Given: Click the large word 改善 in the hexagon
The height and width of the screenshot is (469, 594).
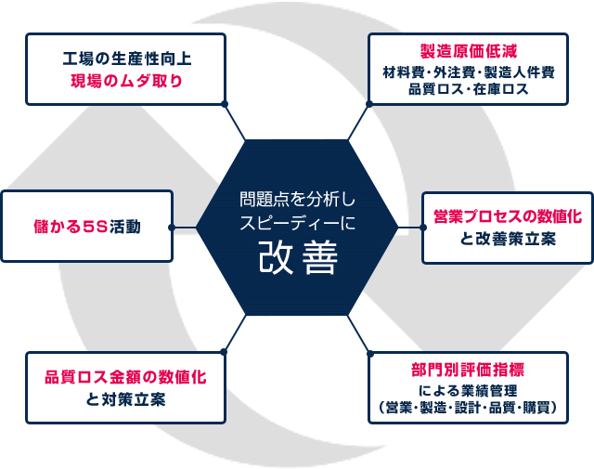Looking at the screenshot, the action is pyautogui.click(x=298, y=258).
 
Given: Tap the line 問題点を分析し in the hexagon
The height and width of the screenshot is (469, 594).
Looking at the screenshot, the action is pyautogui.click(x=297, y=199).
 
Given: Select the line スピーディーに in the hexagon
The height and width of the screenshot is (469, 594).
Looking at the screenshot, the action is pyautogui.click(x=297, y=223).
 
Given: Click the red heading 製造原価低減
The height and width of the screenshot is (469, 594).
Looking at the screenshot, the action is pyautogui.click(x=468, y=52).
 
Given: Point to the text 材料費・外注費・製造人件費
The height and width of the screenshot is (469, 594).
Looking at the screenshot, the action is pyautogui.click(x=468, y=72).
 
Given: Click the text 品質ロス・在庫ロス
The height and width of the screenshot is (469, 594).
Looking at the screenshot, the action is pyautogui.click(x=468, y=89).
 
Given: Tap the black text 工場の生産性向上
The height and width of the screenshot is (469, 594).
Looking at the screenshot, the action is pyautogui.click(x=126, y=59).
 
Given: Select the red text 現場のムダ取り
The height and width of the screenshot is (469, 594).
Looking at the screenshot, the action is pyautogui.click(x=126, y=81).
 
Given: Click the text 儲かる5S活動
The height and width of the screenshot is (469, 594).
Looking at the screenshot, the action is pyautogui.click(x=87, y=227).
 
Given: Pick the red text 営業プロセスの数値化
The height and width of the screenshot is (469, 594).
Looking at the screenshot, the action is pyautogui.click(x=508, y=216).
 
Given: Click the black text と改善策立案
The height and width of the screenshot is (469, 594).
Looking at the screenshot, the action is pyautogui.click(x=508, y=239).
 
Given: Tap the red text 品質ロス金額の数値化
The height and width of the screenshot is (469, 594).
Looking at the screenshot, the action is pyautogui.click(x=125, y=377).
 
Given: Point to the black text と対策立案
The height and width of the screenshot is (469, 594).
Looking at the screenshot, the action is pyautogui.click(x=125, y=399).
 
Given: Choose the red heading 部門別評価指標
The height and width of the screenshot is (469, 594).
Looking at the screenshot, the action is pyautogui.click(x=468, y=370).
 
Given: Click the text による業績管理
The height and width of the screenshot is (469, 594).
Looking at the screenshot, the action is pyautogui.click(x=468, y=390).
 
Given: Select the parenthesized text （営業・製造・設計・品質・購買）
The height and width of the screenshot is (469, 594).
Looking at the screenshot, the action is pyautogui.click(x=468, y=408).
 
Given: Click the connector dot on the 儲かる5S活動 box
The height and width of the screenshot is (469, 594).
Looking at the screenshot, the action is pyautogui.click(x=171, y=228).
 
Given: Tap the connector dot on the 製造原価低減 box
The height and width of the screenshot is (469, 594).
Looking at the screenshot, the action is pyautogui.click(x=369, y=103).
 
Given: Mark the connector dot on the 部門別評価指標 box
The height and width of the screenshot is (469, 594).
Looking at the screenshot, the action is pyautogui.click(x=370, y=354).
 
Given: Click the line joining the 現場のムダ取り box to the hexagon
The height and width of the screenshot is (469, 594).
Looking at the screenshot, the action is pyautogui.click(x=235, y=122).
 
